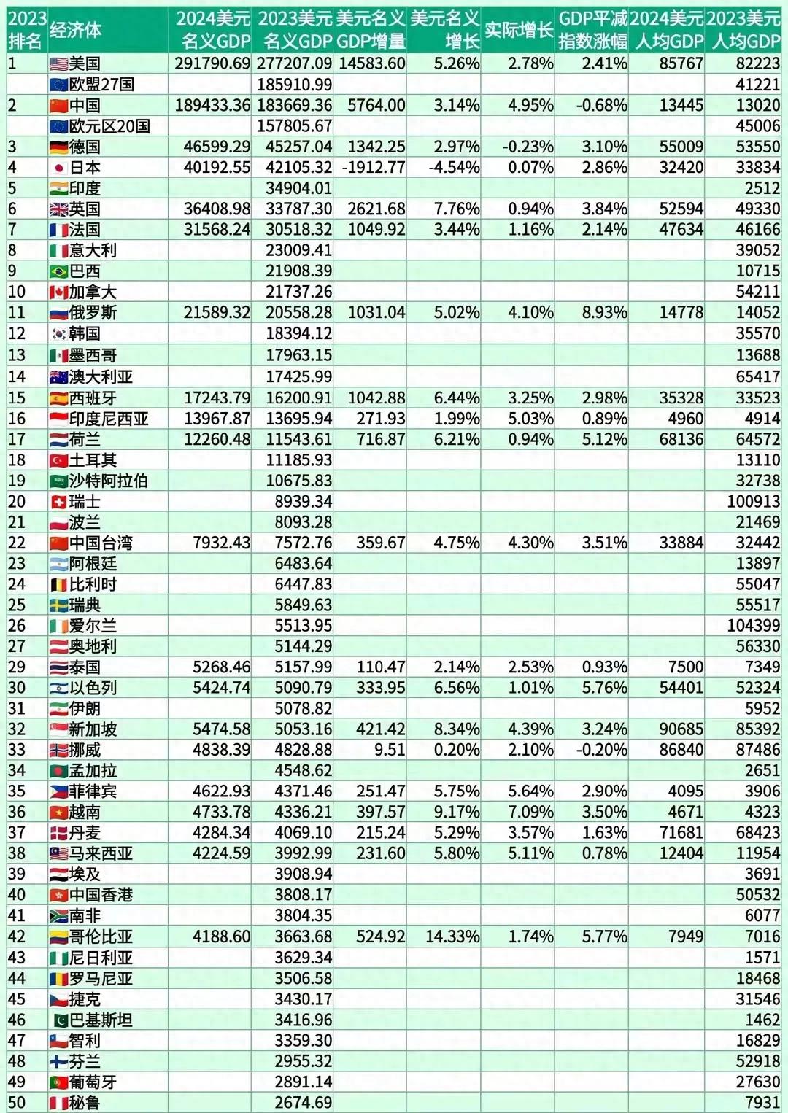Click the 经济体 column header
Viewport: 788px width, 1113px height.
tap(76, 31)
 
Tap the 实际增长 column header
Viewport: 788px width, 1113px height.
tap(519, 30)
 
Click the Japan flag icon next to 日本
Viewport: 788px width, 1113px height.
tap(58, 168)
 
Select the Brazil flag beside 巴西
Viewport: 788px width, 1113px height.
tap(58, 271)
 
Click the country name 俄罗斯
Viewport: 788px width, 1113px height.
tap(93, 313)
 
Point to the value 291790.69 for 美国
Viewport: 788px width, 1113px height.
tap(213, 63)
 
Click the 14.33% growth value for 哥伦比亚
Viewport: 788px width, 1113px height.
tap(453, 936)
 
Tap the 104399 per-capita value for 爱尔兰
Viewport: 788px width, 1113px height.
tap(754, 625)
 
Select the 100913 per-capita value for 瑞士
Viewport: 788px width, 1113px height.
tap(754, 501)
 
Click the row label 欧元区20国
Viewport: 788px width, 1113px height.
tap(109, 126)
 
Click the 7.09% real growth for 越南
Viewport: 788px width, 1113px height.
tap(530, 813)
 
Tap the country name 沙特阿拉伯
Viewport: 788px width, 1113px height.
tap(109, 481)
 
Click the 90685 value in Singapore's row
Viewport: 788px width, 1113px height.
tap(681, 729)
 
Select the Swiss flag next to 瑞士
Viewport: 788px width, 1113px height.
tap(58, 502)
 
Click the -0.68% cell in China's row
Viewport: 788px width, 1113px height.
tap(601, 105)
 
